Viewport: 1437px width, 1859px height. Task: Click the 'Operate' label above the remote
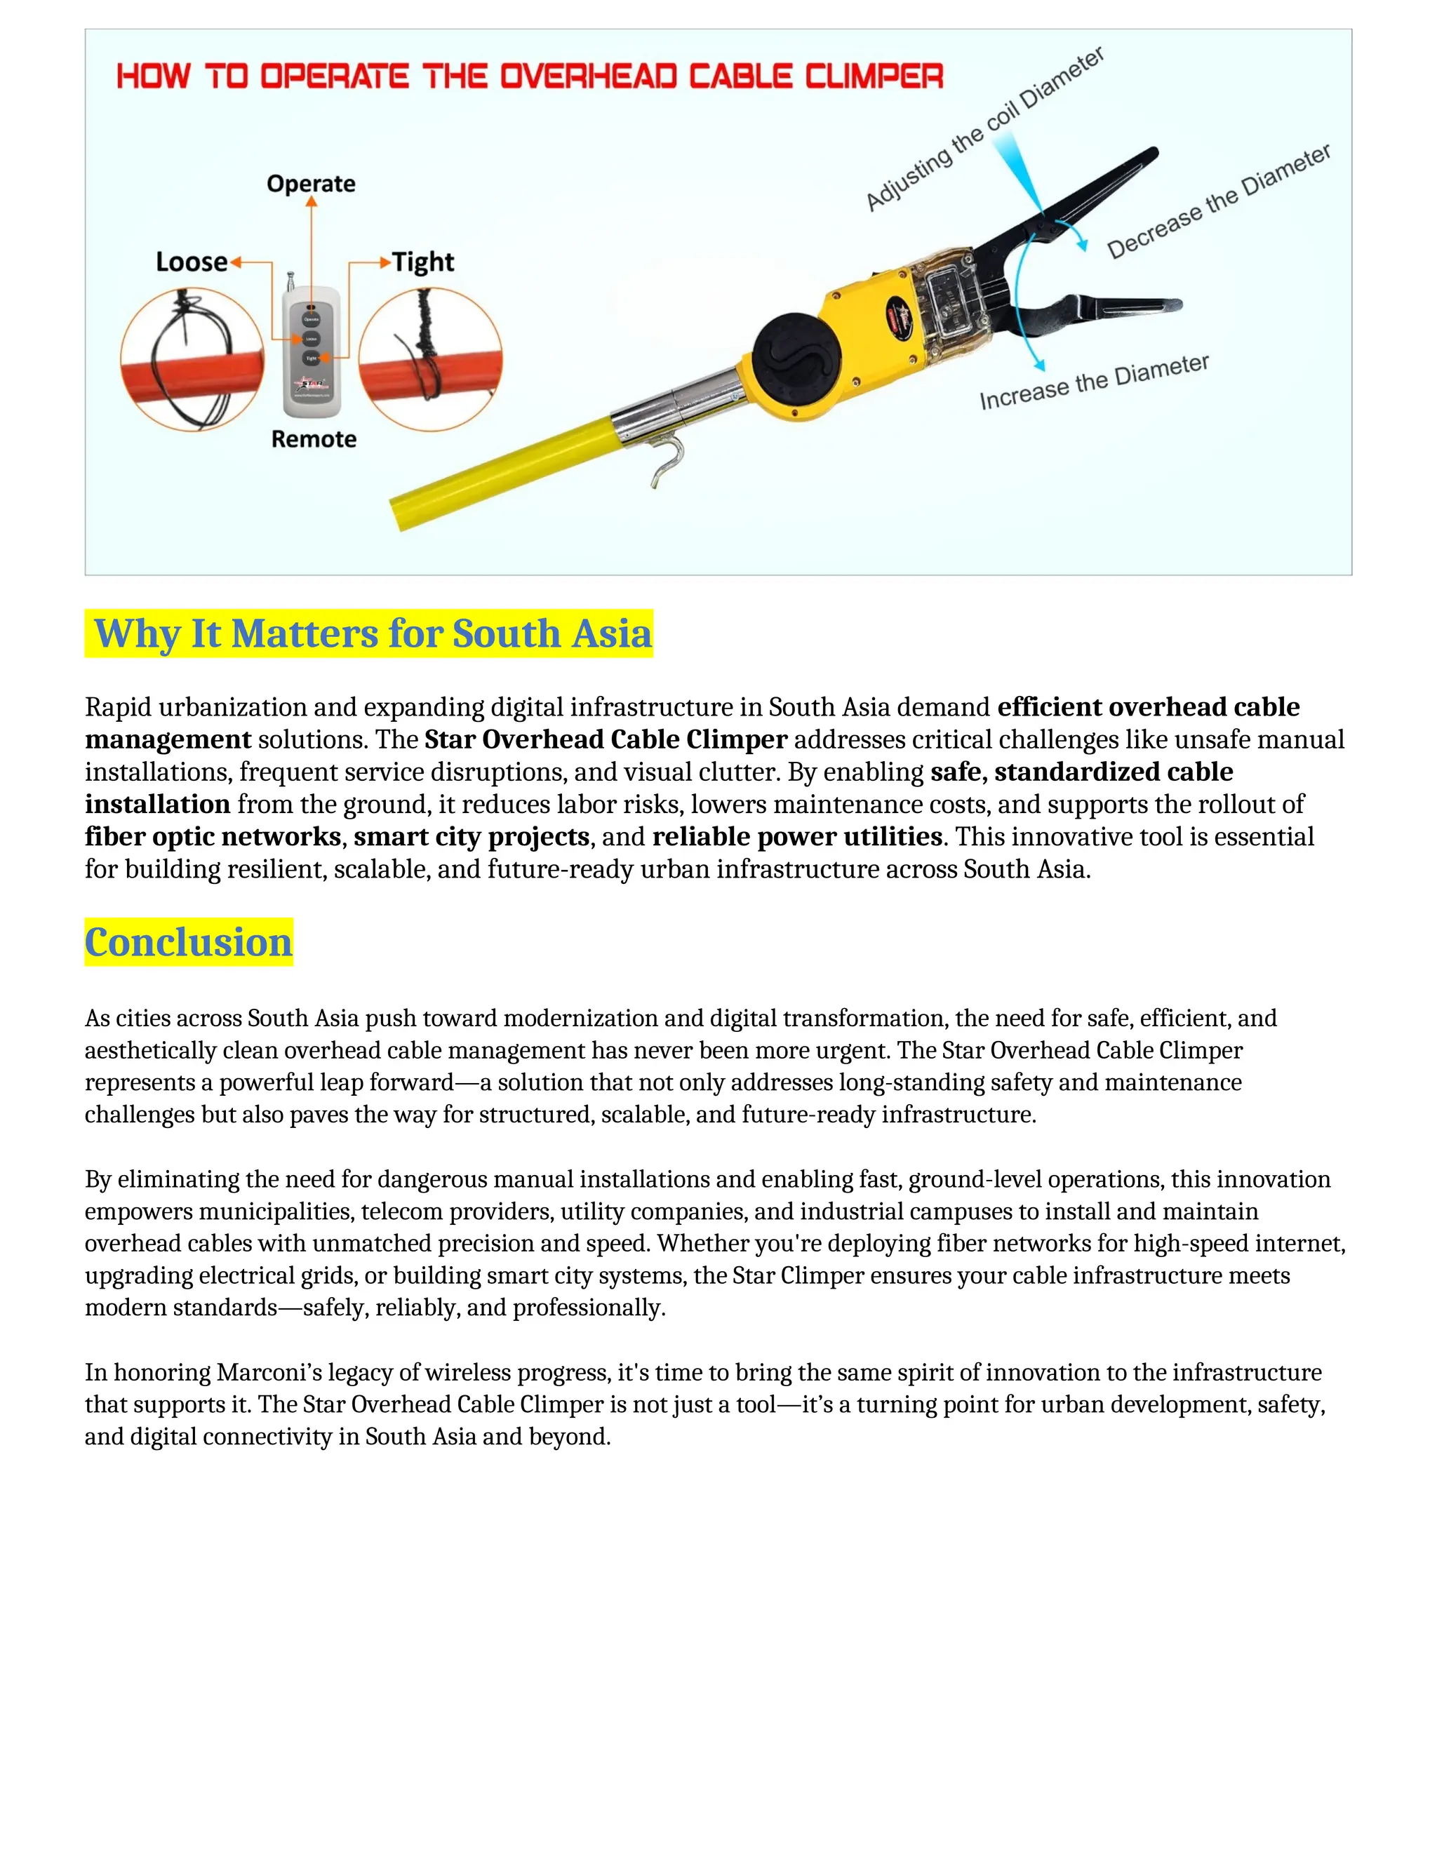point(311,184)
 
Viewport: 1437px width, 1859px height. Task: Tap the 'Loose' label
point(192,262)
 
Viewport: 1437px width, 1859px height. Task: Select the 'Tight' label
point(423,262)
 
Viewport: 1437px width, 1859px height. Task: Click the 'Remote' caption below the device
point(313,439)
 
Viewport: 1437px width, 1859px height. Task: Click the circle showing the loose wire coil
point(192,359)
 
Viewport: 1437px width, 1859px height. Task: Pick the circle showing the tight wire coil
point(430,359)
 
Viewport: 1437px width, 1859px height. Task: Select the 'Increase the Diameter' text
point(1094,382)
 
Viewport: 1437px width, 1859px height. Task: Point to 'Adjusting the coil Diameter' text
point(985,128)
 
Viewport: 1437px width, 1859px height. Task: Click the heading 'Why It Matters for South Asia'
point(372,633)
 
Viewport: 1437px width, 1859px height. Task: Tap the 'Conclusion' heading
point(188,942)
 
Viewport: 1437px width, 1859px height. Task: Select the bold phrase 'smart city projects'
point(472,837)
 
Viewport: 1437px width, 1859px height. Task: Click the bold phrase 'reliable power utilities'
point(797,837)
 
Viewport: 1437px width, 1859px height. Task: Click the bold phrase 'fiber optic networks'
point(213,837)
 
